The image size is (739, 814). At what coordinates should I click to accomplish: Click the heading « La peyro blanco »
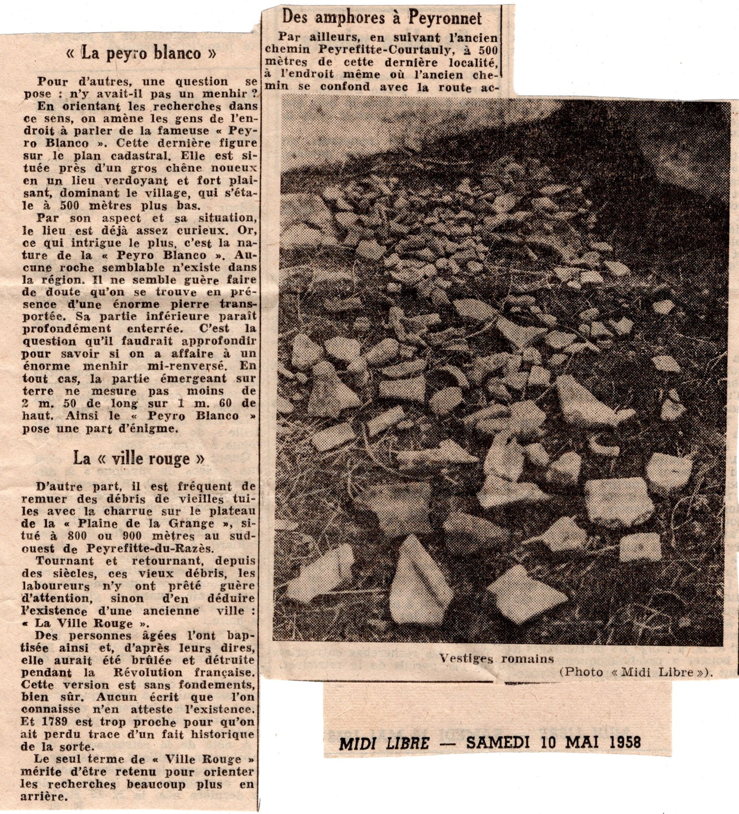[x=141, y=54]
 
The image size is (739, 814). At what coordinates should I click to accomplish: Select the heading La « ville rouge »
[x=139, y=459]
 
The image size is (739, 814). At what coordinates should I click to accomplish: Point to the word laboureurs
[x=55, y=586]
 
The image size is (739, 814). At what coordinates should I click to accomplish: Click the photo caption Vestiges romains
[x=496, y=658]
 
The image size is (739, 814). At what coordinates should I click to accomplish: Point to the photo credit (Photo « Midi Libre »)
[x=636, y=672]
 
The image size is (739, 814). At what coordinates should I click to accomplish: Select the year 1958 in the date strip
[x=623, y=742]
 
